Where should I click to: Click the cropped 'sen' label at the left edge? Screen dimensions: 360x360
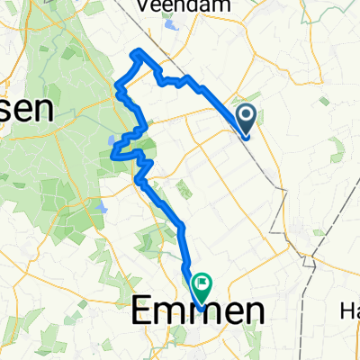point(25,109)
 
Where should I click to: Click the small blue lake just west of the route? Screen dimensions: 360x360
point(112,141)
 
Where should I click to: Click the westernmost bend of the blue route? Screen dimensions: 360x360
point(112,157)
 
